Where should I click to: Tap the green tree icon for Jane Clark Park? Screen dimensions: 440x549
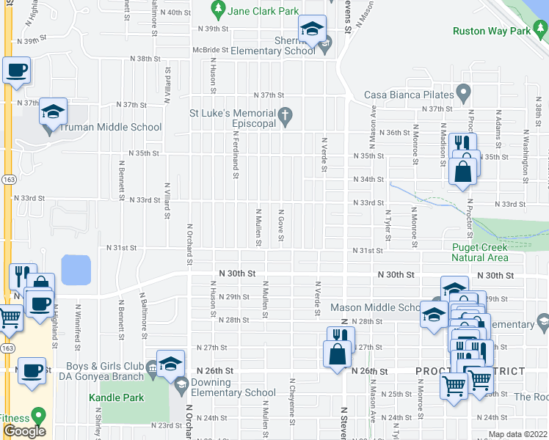[217, 10]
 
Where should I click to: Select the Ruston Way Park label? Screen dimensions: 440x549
[491, 32]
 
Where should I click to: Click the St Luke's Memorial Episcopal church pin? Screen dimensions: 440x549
[286, 114]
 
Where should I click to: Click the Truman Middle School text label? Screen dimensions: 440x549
[110, 128]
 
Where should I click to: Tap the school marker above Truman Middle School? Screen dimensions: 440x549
[53, 112]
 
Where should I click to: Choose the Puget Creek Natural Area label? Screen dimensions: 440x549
[479, 252]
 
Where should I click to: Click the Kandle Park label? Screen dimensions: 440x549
[117, 397]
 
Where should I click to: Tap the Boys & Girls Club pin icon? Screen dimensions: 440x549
[152, 367]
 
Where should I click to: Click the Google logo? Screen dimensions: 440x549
[24, 431]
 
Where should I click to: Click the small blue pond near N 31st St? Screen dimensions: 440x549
[76, 270]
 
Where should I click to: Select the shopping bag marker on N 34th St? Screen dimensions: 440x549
[463, 173]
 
